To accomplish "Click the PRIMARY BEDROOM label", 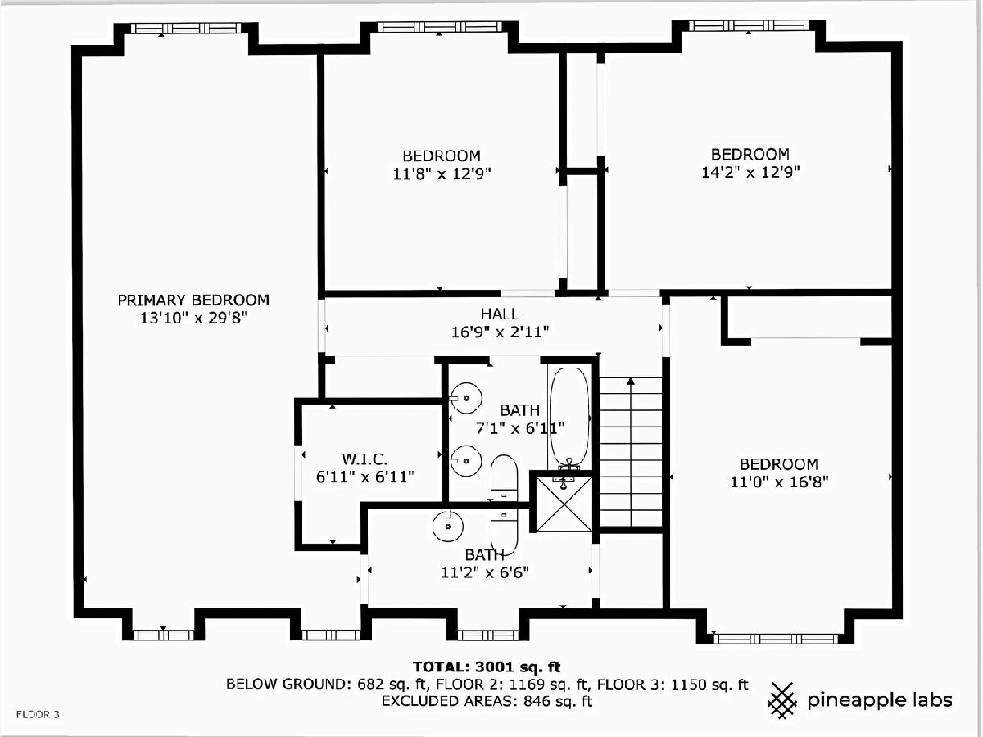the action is [x=193, y=300].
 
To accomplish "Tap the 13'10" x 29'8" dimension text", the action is [x=193, y=319].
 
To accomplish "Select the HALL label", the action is [x=500, y=314].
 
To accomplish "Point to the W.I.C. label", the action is [x=365, y=459].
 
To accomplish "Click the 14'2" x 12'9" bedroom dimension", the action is [x=750, y=172].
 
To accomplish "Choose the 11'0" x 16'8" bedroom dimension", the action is [x=779, y=482].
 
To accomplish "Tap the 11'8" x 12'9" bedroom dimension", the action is [x=442, y=173].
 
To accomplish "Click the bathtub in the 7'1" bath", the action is [x=569, y=417].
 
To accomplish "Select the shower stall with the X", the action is [x=564, y=504].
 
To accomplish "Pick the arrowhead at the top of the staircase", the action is [x=631, y=382].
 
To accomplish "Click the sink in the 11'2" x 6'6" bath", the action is [x=447, y=527].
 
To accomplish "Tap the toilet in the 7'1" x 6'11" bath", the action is [x=505, y=478].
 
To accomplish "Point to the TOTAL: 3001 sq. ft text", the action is [x=487, y=667].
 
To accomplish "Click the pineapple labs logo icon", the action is [x=782, y=700].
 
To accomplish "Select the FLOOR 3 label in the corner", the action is [x=38, y=714].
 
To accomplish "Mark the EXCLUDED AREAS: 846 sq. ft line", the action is [x=487, y=701].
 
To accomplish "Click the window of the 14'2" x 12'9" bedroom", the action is [x=749, y=26].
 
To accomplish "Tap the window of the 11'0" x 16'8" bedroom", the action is [x=775, y=638].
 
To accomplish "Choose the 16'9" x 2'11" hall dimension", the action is [x=500, y=332].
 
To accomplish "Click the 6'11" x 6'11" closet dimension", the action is [x=365, y=477].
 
